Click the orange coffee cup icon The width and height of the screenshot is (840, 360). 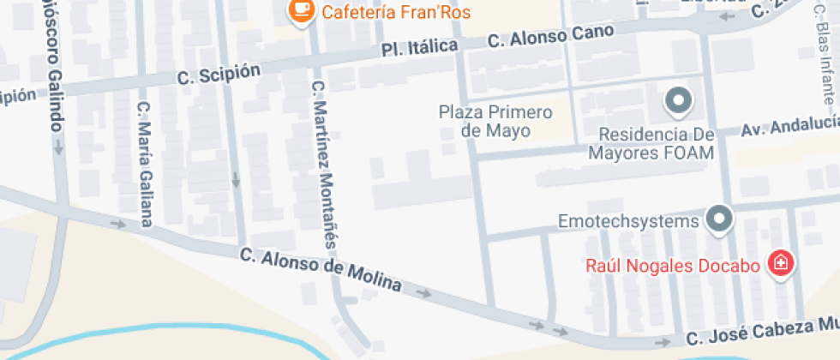(299, 9)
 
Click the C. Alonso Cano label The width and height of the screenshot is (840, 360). (550, 36)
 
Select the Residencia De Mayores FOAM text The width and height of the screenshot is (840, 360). (651, 144)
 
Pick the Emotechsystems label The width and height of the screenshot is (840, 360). (629, 221)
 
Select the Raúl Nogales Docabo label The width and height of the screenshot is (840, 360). (673, 265)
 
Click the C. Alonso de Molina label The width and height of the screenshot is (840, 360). (321, 269)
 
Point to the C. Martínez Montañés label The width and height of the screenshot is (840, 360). (324, 162)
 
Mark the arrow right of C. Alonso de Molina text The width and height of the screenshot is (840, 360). (423, 293)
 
